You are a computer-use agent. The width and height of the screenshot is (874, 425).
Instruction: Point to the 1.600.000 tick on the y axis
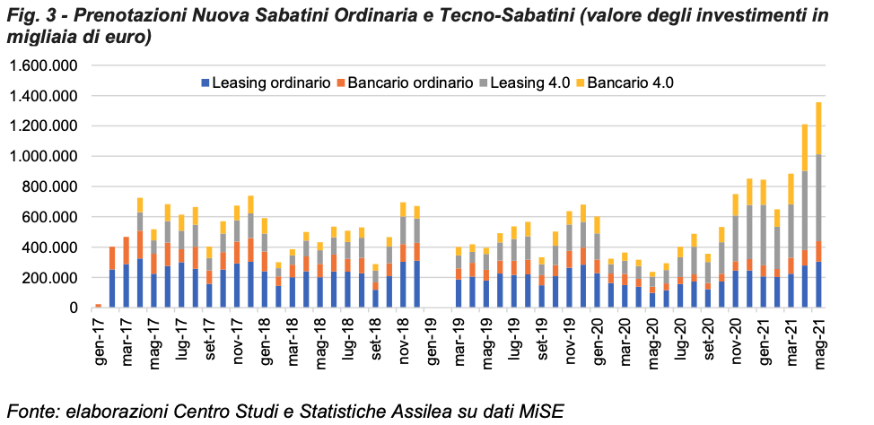(44, 65)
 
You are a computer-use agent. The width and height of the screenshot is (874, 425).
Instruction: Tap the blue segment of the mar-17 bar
(127, 286)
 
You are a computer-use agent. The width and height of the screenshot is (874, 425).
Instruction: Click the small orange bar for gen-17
(98, 306)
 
